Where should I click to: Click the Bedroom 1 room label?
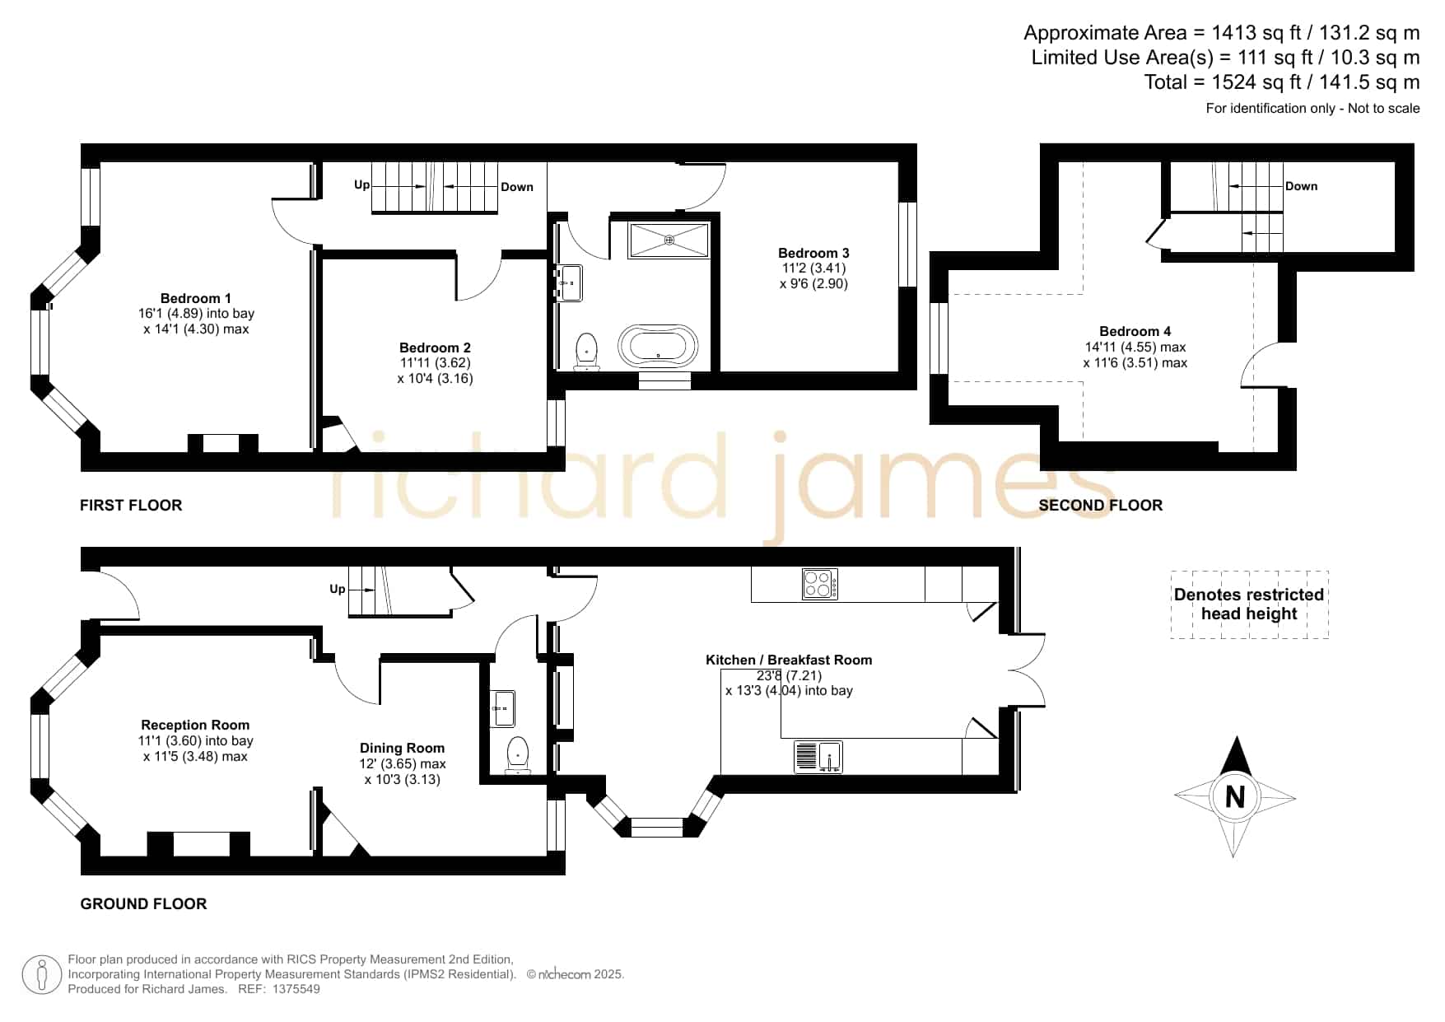[196, 298]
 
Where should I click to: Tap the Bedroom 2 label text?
[435, 348]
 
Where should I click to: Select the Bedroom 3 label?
[813, 253]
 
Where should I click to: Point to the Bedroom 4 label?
[1135, 331]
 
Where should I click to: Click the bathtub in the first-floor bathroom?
[658, 347]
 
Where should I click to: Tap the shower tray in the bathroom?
[669, 240]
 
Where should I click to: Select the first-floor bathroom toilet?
[586, 351]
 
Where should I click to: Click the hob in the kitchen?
[820, 584]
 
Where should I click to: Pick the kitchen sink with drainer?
[818, 757]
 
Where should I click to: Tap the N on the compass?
[1234, 796]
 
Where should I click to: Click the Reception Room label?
[195, 725]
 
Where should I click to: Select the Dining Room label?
[402, 748]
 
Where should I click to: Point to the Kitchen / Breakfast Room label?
[789, 660]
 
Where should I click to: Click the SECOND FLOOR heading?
[1101, 505]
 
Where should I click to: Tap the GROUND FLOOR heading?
[143, 903]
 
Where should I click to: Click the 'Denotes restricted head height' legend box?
[1249, 604]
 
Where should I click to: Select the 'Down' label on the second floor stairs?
[1302, 186]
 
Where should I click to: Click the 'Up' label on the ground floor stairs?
[338, 589]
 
